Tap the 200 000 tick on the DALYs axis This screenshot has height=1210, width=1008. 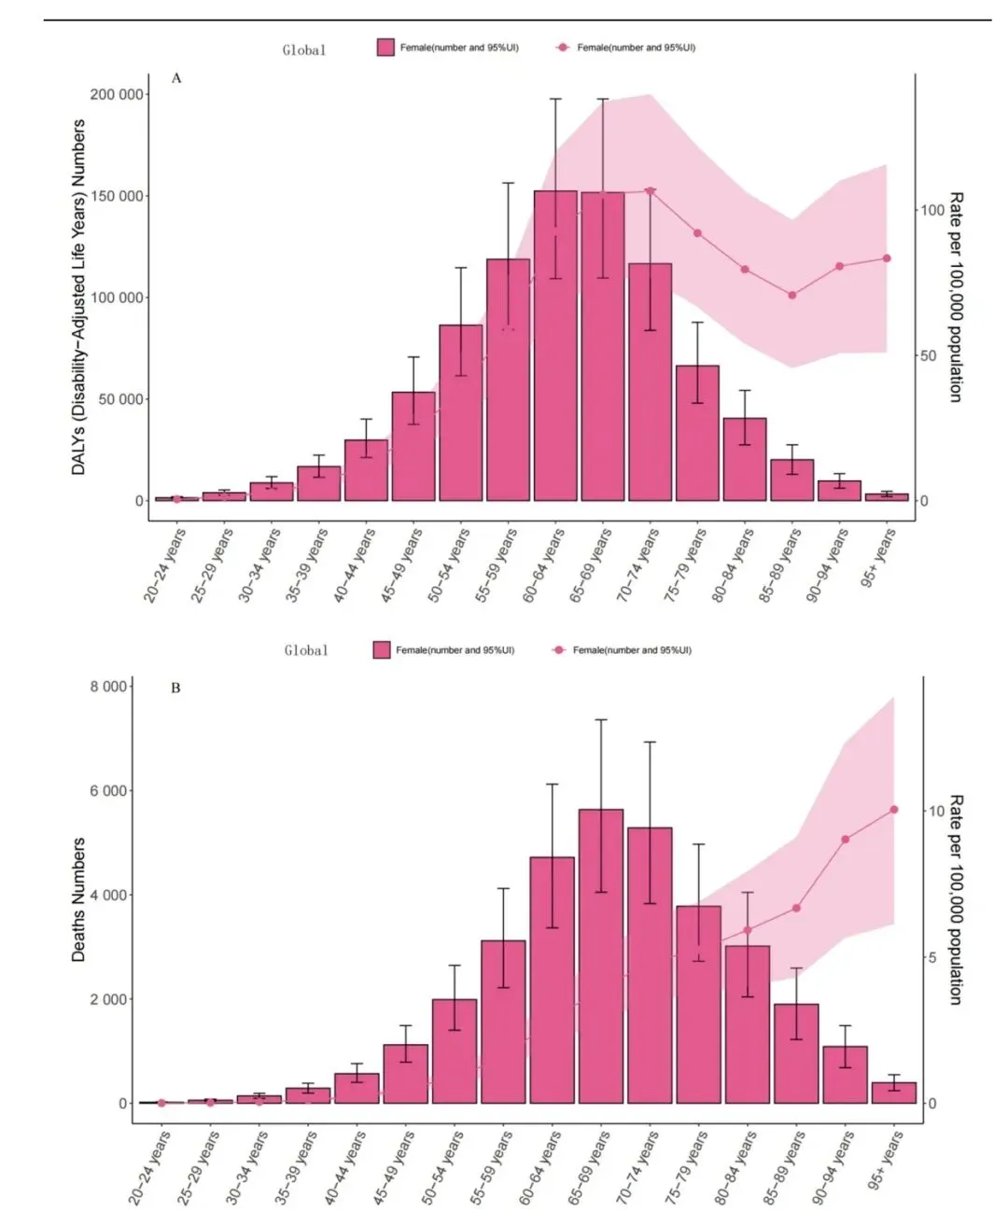point(117,94)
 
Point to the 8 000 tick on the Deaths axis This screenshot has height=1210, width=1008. point(108,687)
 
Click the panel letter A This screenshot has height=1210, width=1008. point(176,78)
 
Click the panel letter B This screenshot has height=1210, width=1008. point(175,688)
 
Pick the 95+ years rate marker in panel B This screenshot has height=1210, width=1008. point(894,810)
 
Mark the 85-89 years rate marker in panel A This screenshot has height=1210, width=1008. point(792,296)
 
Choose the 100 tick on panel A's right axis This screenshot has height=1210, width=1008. point(932,210)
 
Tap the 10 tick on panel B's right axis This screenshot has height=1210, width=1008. point(936,812)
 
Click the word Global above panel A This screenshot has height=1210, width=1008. point(304,50)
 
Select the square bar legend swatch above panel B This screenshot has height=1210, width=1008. point(382,650)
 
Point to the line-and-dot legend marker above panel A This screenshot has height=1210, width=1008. point(563,48)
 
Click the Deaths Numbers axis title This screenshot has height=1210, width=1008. point(79,899)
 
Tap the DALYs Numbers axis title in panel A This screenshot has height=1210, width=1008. point(79,297)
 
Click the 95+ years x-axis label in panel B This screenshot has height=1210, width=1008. point(886,1161)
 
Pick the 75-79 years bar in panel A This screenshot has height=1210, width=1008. point(697,433)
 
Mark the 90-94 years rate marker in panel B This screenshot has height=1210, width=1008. point(845,840)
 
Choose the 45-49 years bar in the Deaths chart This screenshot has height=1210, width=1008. point(405,1073)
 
